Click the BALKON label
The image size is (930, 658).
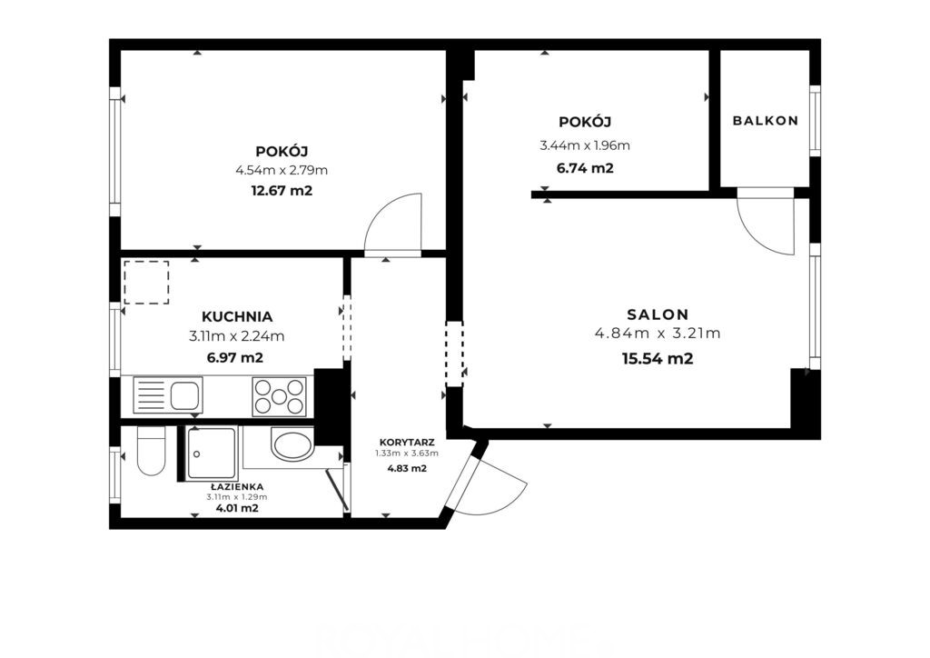tap(765, 121)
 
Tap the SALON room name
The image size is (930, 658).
tap(658, 314)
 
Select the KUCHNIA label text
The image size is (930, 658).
tap(237, 317)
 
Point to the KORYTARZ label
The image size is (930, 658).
tap(407, 443)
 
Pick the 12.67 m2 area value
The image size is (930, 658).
tap(282, 191)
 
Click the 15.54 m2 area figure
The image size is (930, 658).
tap(658, 359)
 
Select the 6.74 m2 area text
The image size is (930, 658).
tap(585, 168)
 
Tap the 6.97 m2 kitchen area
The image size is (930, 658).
tap(235, 358)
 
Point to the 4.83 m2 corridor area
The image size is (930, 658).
tap(407, 468)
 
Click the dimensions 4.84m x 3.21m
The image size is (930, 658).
tap(658, 334)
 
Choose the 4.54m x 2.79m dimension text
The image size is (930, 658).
tap(282, 171)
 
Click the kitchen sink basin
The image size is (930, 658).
tap(186, 395)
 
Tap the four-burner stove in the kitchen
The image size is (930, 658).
tap(280, 396)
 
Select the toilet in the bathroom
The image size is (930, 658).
tap(151, 452)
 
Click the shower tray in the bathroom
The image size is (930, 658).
tap(211, 454)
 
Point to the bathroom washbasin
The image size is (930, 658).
tap(292, 444)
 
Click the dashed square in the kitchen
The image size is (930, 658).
tap(146, 283)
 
